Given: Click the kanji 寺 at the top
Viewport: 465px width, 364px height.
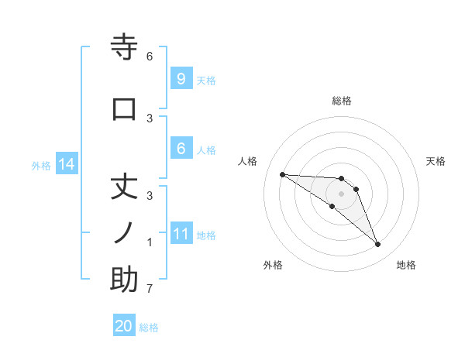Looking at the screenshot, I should coord(124,47).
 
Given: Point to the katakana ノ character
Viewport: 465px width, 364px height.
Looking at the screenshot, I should coord(124,232).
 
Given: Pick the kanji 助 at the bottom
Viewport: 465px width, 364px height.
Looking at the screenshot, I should coord(124,280).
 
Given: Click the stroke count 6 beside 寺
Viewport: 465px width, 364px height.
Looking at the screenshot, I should coord(150,57).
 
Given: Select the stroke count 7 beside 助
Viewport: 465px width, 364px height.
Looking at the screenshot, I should coord(150,290).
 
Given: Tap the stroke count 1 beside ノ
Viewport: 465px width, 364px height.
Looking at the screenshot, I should coord(150,242).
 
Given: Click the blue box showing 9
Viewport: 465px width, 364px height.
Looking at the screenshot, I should coord(181,78).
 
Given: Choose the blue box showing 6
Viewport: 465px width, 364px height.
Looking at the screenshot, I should coord(181,149).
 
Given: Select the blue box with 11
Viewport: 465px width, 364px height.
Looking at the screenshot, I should coord(181,234).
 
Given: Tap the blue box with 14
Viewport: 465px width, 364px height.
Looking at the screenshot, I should coord(67,164).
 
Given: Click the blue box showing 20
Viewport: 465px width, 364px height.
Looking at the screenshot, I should coord(124,326).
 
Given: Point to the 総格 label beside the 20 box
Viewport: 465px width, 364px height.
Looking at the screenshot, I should coord(149,328).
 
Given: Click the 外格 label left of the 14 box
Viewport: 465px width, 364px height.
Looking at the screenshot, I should coord(41,165).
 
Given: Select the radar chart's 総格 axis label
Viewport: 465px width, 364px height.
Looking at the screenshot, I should coord(342,101).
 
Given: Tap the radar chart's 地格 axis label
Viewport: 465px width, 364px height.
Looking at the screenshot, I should coord(406,265).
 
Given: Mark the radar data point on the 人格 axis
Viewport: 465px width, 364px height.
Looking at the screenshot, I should coord(282,174).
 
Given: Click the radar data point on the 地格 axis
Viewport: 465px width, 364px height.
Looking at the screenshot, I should coord(377,245).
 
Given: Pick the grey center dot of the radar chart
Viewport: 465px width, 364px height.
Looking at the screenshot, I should coord(342,194).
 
